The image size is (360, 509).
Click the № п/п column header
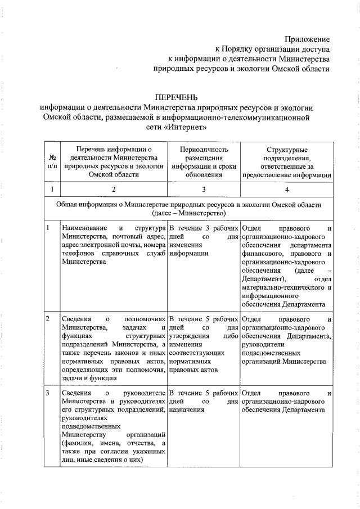pos(52,162)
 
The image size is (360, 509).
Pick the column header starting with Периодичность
pos(204,162)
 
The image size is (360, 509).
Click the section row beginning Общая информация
pos(188,209)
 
